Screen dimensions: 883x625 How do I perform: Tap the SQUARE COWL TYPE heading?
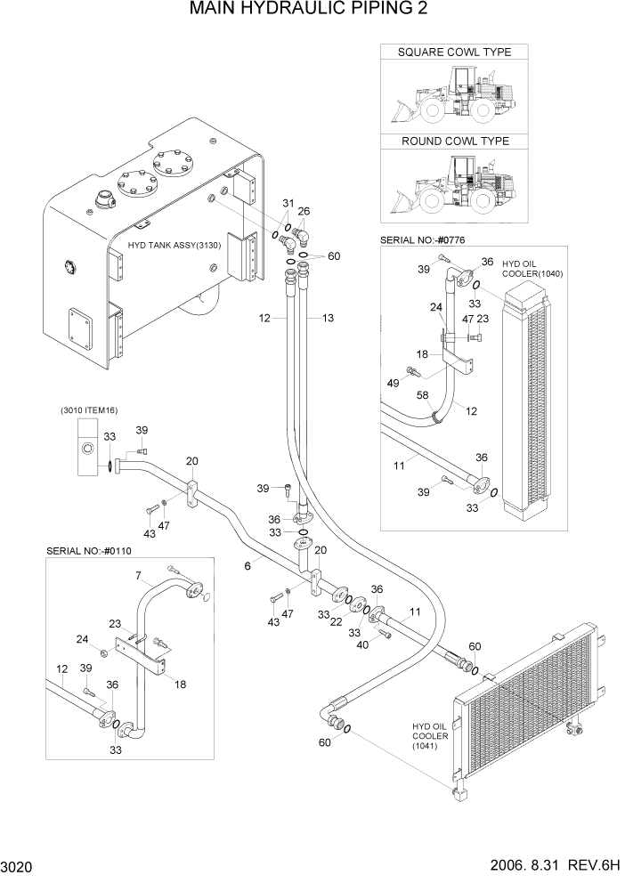tap(454, 53)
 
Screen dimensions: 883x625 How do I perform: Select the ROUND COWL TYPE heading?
tap(454, 142)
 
